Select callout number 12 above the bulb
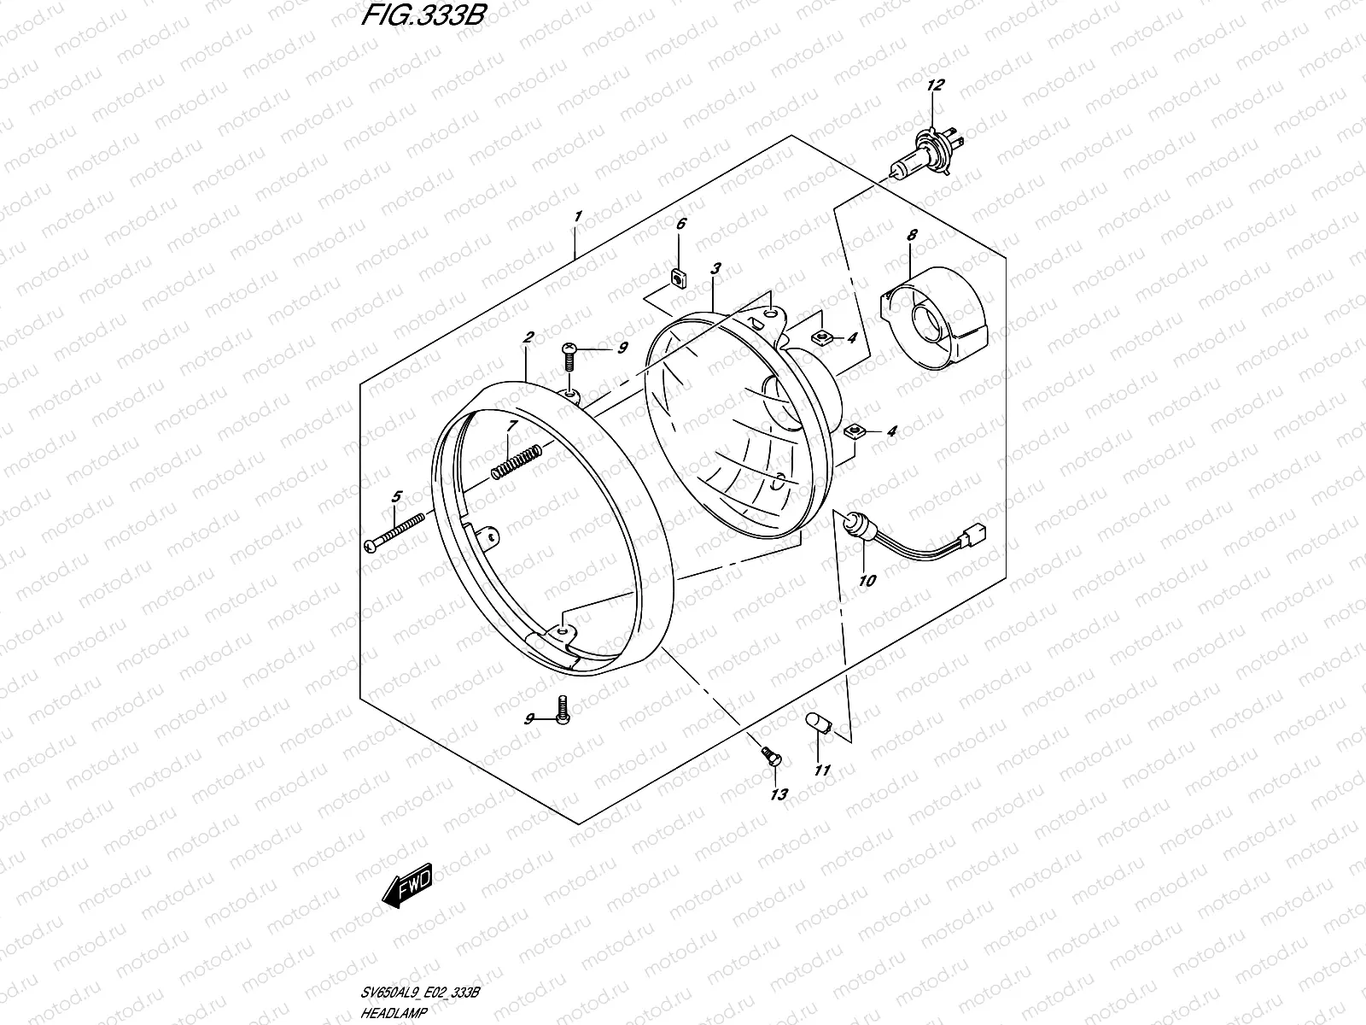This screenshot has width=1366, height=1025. tap(936, 85)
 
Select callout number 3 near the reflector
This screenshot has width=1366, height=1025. tap(715, 268)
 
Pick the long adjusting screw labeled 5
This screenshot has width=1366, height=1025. tap(400, 534)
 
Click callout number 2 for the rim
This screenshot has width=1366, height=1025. tap(528, 337)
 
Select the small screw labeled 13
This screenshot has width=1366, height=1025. tap(769, 754)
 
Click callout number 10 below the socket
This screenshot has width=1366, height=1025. tap(867, 582)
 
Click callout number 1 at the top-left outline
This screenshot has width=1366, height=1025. tap(578, 217)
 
